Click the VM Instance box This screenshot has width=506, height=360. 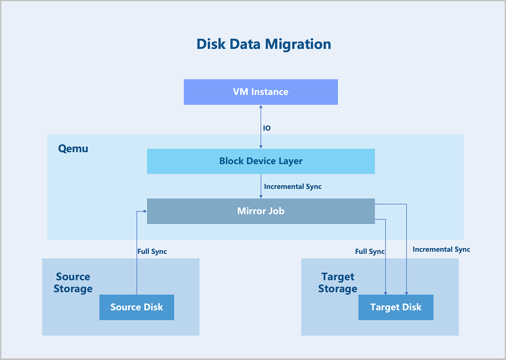pyautogui.click(x=261, y=92)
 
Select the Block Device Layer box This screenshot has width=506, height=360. pyautogui.click(x=261, y=161)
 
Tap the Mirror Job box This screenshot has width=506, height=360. pyautogui.click(x=261, y=211)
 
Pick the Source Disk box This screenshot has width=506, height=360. pyautogui.click(x=137, y=307)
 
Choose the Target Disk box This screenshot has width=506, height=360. pyautogui.click(x=396, y=307)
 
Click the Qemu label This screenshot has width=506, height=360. pyautogui.click(x=73, y=149)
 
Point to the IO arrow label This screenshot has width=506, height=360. pyautogui.click(x=267, y=128)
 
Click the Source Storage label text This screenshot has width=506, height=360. pyautogui.click(x=73, y=283)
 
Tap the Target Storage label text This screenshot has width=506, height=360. pyautogui.click(x=338, y=283)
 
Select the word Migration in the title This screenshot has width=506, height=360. pyautogui.click(x=298, y=44)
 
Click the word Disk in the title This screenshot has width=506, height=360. pyautogui.click(x=211, y=44)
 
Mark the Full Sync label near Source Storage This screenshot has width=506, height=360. pyautogui.click(x=152, y=252)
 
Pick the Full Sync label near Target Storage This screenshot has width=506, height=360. pyautogui.click(x=370, y=252)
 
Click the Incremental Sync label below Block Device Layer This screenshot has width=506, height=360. pyautogui.click(x=293, y=187)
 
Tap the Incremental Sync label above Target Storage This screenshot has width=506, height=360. pyautogui.click(x=441, y=250)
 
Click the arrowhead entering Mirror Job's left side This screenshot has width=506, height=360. pyautogui.click(x=145, y=211)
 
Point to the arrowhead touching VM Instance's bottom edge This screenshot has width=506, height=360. pyautogui.click(x=261, y=107)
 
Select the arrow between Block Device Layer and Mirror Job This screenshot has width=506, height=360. pyautogui.click(x=261, y=186)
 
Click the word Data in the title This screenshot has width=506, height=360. pyautogui.click(x=245, y=44)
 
